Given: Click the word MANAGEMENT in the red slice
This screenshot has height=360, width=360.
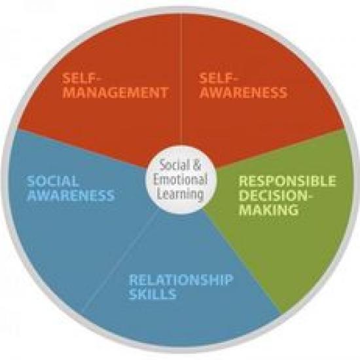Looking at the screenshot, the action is tap(115, 93).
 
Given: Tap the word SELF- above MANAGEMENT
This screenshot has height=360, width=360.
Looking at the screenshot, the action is tap(82, 79).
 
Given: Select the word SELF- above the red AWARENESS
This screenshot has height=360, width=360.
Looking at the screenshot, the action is tap(219, 79).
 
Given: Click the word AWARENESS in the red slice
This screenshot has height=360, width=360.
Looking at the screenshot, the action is tap(243, 93).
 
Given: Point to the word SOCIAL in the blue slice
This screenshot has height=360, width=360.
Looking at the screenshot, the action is tap(52, 181).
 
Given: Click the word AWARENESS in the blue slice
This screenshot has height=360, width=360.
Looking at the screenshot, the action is tap(71, 196).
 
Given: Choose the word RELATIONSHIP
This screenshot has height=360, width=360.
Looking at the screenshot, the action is tap(181, 280).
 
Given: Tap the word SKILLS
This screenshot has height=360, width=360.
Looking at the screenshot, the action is tap(153, 294).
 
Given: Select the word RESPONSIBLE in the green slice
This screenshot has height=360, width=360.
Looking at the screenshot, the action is tap(287, 181).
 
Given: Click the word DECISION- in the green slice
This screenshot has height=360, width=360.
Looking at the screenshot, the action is tap(276, 196).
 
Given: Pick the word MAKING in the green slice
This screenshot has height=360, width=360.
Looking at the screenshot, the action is tap(269, 209).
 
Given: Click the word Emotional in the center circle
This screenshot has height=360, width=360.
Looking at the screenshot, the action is tap(181, 179).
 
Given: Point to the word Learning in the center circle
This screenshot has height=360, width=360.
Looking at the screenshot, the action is tap(181, 194).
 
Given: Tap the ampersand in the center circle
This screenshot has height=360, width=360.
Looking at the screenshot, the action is tap(196, 164).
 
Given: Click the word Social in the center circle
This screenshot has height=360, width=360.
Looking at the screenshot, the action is tap(175, 164).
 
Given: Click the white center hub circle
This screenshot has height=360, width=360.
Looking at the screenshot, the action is tap(181, 180).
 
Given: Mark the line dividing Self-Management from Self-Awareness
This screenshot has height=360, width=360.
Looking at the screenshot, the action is tap(181, 79).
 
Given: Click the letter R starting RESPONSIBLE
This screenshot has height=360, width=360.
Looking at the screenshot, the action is tap(243, 181).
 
